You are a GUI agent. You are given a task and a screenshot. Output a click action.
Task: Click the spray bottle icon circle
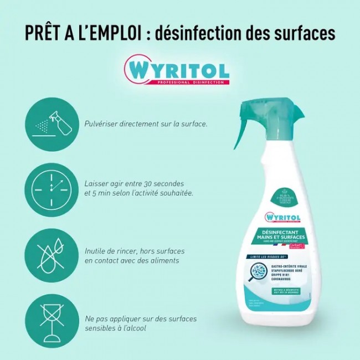coord(52,124)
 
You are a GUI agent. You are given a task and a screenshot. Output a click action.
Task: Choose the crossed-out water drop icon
coord(52,254)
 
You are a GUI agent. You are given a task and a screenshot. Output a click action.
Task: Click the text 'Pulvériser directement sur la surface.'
coord(146,124)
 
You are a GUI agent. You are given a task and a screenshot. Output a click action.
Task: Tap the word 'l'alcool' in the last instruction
coord(133,328)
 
